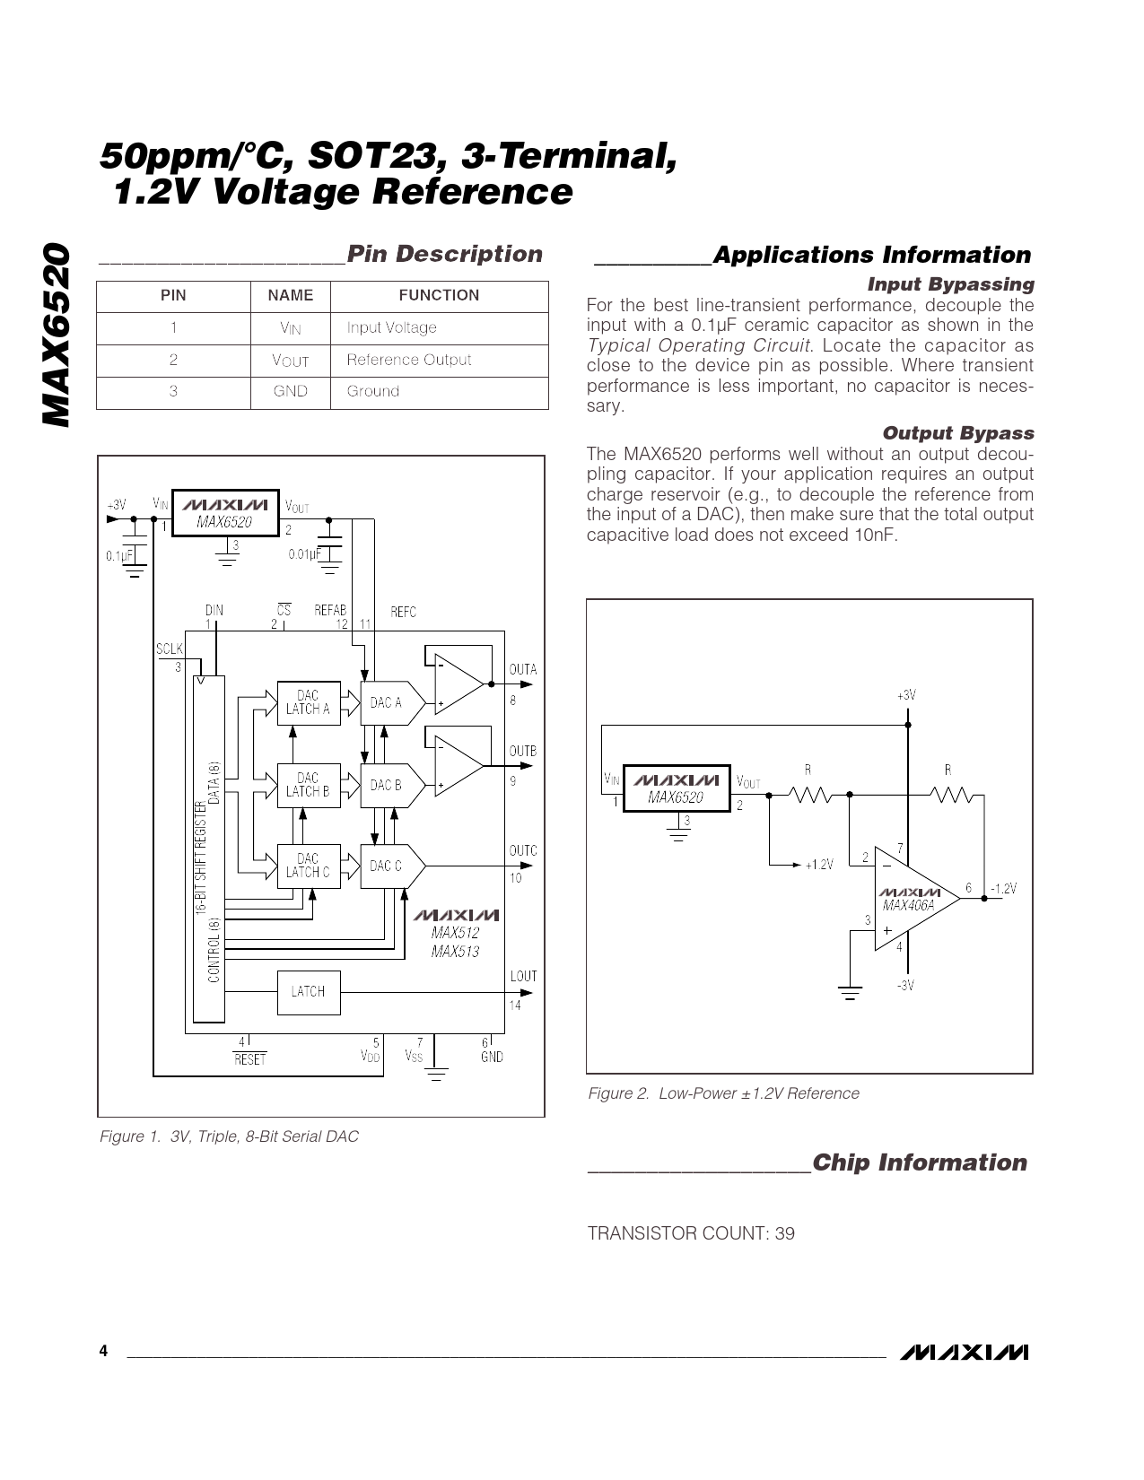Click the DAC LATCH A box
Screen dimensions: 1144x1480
click(x=309, y=703)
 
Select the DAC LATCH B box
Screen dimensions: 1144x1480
click(x=309, y=785)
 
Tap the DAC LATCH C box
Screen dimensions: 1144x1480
click(x=309, y=866)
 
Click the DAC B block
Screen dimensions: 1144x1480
click(x=392, y=785)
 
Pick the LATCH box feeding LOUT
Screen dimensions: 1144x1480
click(x=309, y=992)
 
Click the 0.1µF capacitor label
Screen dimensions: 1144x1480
click(x=119, y=556)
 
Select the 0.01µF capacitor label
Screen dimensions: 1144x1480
click(x=304, y=554)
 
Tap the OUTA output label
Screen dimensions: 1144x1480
click(x=522, y=669)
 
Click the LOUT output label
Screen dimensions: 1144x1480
click(x=523, y=976)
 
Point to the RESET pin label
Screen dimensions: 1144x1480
click(x=250, y=1059)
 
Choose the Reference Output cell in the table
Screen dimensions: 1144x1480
click(x=409, y=360)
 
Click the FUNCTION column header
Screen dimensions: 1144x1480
click(x=439, y=295)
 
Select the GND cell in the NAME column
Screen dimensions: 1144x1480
click(x=290, y=391)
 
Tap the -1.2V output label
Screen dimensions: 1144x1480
click(x=1004, y=889)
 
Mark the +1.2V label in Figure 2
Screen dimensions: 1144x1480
click(x=819, y=865)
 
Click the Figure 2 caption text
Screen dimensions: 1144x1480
click(x=723, y=1093)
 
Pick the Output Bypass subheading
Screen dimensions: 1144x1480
click(x=958, y=433)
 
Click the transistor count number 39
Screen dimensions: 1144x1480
click(x=785, y=1233)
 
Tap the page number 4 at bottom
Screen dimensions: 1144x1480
click(x=103, y=1352)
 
